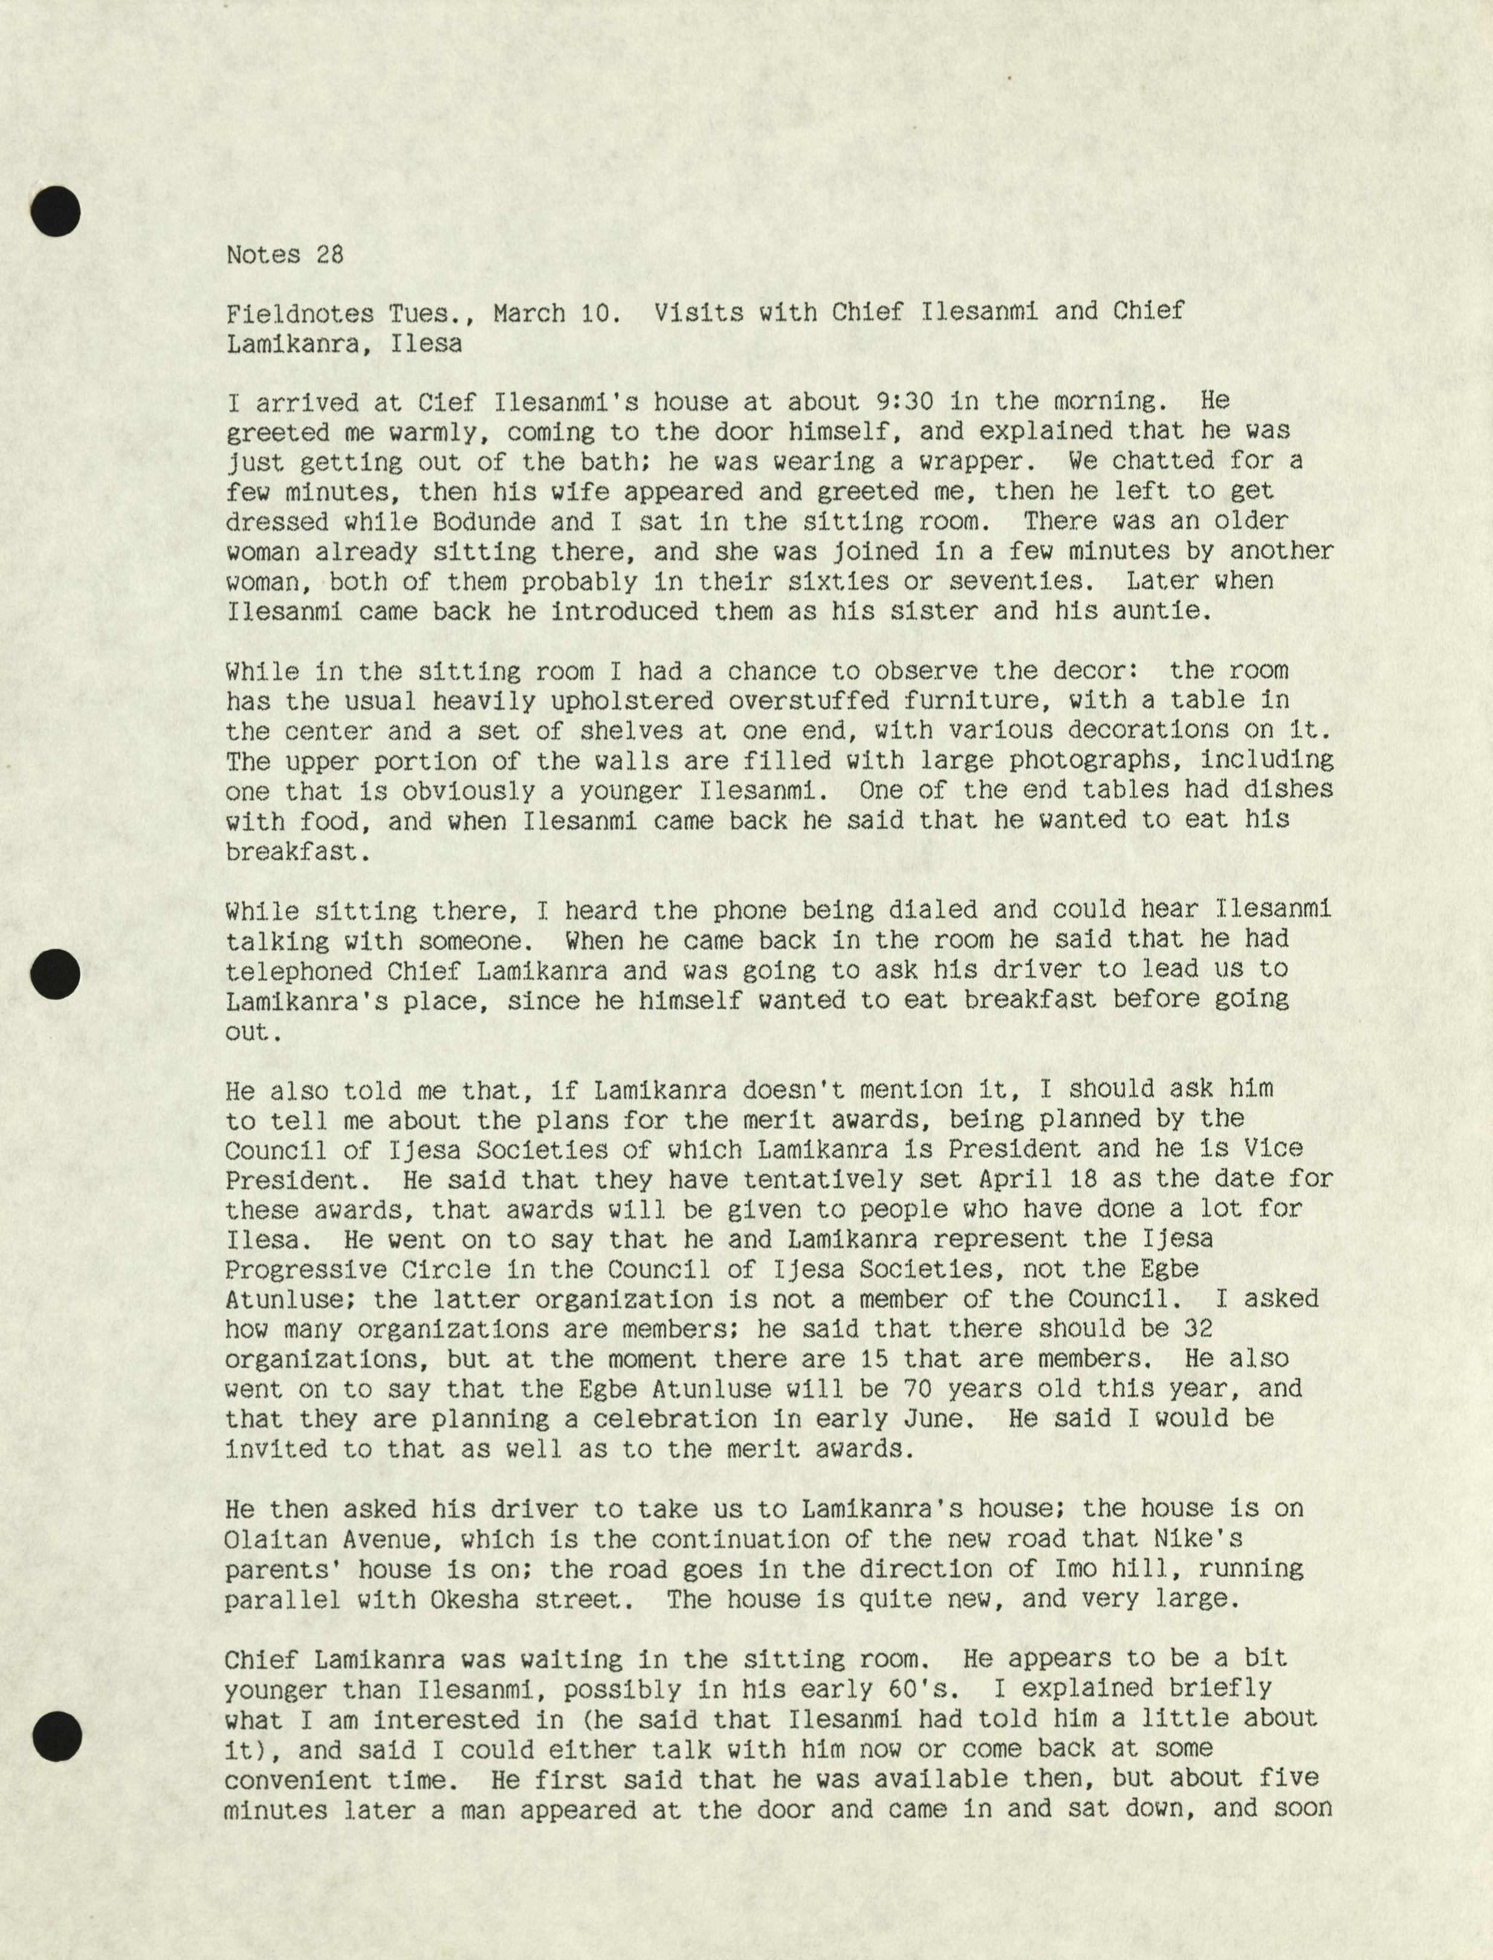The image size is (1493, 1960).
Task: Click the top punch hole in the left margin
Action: [55, 212]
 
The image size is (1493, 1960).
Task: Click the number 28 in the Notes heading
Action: [329, 255]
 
